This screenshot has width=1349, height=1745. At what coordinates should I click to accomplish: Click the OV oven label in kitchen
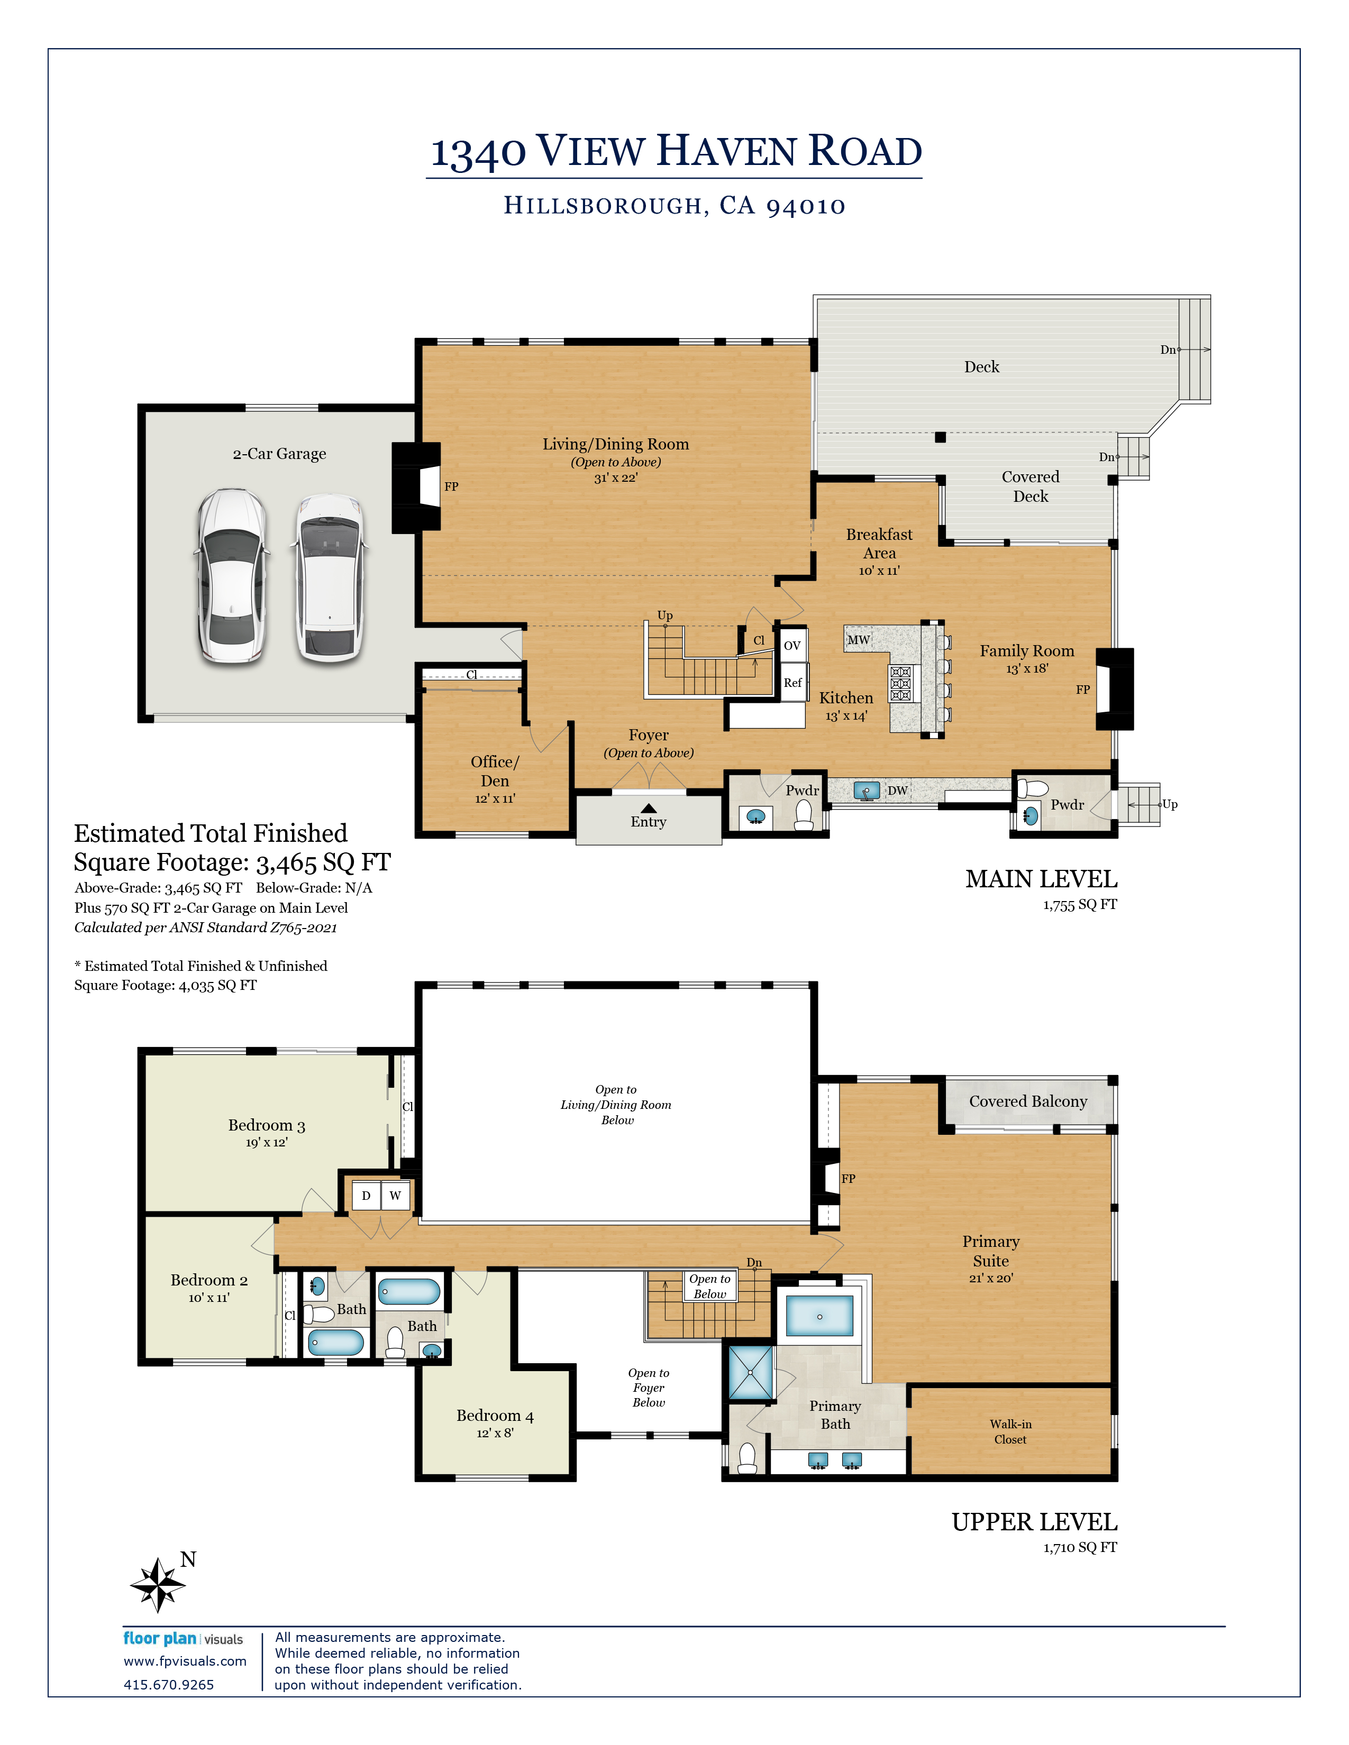point(792,646)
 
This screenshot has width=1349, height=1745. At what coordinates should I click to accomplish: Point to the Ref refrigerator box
point(794,682)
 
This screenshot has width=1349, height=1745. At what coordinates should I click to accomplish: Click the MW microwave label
point(858,640)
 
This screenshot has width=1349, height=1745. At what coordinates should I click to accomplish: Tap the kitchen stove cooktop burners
point(901,684)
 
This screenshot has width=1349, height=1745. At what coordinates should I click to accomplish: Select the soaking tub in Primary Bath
point(819,1316)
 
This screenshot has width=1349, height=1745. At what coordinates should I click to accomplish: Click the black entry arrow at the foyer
point(648,808)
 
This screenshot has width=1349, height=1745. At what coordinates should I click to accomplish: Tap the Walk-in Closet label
point(1010,1432)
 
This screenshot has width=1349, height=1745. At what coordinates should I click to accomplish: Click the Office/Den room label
point(495,771)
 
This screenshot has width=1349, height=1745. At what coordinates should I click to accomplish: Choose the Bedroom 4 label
point(495,1416)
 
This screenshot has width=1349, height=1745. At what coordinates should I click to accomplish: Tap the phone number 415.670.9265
point(169,1684)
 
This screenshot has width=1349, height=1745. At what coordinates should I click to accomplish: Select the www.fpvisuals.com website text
point(185,1661)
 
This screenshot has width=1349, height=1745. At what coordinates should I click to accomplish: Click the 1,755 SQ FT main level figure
point(1080,904)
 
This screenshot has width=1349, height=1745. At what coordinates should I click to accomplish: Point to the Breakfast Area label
point(879,543)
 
